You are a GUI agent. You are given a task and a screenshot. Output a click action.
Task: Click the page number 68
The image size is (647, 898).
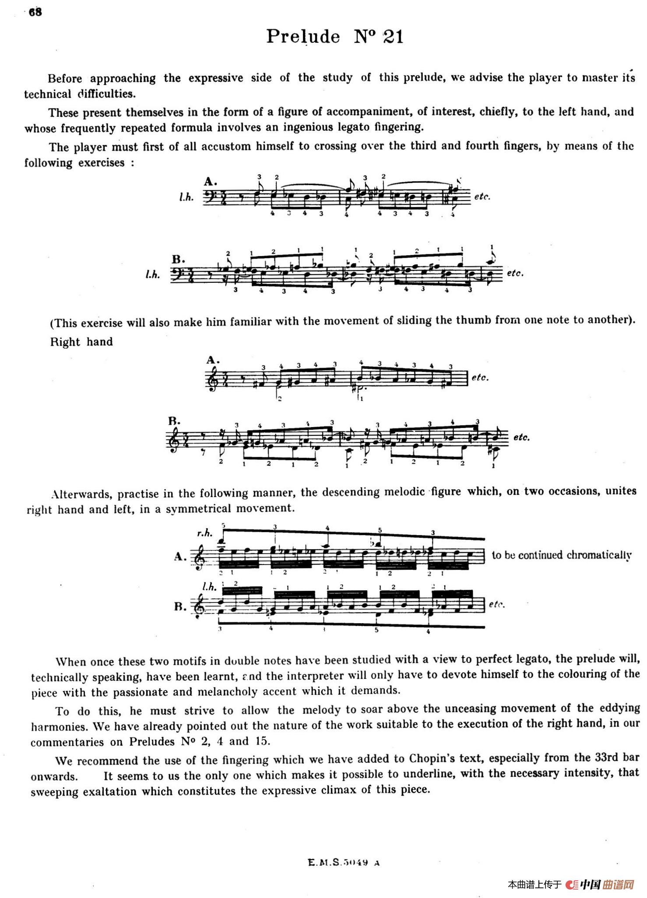coord(35,12)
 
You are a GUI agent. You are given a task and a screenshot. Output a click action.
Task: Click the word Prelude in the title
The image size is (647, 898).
coord(303,37)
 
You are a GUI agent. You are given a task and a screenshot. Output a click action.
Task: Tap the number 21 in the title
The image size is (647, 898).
coord(393,37)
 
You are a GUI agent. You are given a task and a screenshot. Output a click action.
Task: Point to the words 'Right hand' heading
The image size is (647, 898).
coord(81,342)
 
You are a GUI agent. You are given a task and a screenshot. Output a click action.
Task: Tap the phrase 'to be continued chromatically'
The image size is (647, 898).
coord(562,555)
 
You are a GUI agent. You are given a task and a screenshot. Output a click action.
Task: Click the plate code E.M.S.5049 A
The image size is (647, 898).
coord(344,863)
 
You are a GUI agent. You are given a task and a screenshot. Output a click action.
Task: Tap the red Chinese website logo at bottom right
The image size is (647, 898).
coord(600,884)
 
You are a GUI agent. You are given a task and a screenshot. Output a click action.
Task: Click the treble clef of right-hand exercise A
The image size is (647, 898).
coord(210,378)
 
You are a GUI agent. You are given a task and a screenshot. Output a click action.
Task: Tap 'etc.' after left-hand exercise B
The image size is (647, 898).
coord(515,273)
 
